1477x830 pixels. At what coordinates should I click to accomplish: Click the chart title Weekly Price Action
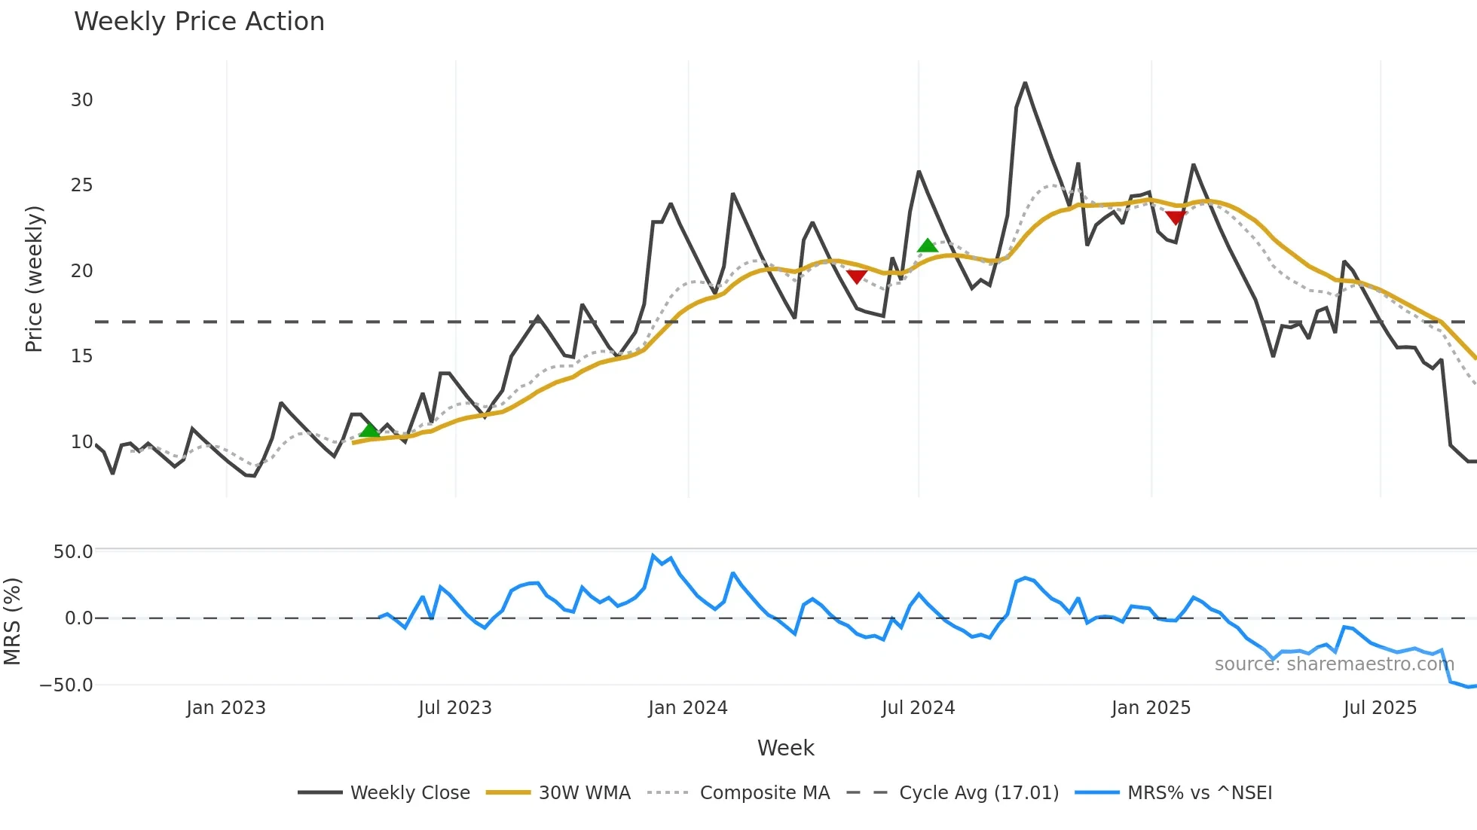pos(199,22)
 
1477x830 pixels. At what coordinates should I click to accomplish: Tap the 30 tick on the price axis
pos(81,100)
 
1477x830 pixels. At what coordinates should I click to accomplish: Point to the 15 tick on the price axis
pos(81,356)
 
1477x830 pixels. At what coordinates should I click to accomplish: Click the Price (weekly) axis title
pos(34,279)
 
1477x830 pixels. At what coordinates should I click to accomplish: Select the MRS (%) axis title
pos(13,621)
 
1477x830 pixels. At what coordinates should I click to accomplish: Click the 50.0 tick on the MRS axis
pos(73,552)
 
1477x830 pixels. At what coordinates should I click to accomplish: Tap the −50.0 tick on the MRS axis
pos(66,685)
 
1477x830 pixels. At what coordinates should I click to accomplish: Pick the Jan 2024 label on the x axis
pos(687,708)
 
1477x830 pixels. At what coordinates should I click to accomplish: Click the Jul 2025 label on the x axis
pos(1380,708)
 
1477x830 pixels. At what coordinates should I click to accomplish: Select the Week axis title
pos(785,748)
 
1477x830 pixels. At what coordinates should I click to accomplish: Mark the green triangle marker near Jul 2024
pos(927,246)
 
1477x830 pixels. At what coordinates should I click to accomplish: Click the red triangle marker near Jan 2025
pos(1175,218)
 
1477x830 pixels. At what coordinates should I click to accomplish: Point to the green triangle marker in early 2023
pos(369,430)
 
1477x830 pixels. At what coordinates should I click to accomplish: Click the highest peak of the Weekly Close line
pos(1025,83)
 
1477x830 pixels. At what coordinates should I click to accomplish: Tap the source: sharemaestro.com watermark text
pos(1334,664)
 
